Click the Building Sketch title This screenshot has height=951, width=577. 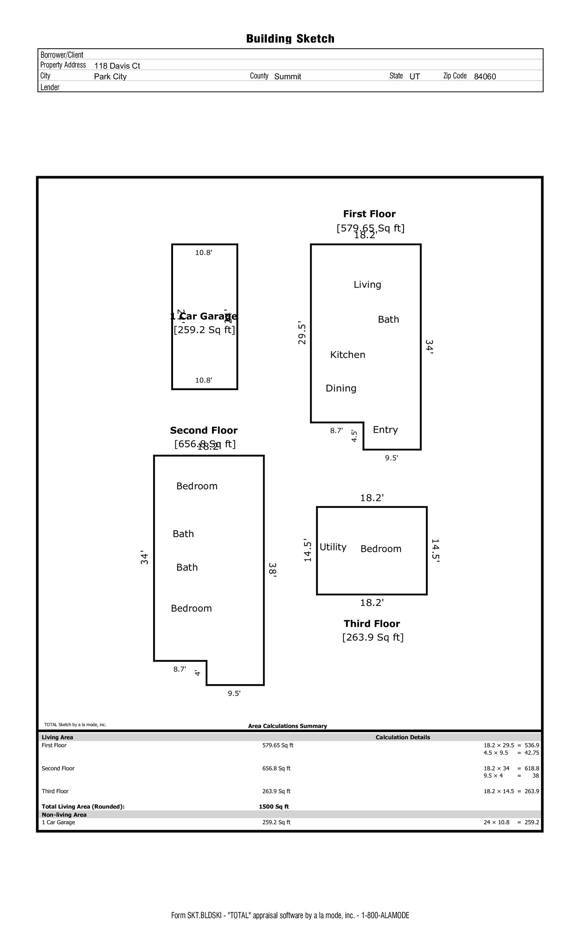tap(290, 39)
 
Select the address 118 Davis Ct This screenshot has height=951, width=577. tap(117, 66)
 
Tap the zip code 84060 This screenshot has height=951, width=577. tap(485, 77)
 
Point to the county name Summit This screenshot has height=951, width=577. tap(287, 77)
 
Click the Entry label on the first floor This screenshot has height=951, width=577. tap(385, 429)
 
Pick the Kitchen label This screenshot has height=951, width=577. tap(348, 355)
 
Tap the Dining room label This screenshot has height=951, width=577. tap(341, 388)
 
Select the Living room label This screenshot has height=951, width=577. tap(367, 284)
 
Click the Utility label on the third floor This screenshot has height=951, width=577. tap(333, 547)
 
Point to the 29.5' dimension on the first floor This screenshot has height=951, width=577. tap(301, 333)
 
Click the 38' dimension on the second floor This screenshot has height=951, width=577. tap(272, 570)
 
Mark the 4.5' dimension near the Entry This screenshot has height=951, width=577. tap(354, 436)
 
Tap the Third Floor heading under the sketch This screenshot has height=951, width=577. tap(372, 624)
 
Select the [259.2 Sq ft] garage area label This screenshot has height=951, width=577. tap(204, 330)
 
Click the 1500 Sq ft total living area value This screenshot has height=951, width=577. tap(273, 807)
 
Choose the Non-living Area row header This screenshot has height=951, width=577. tap(64, 815)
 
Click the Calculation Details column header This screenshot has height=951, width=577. tap(403, 737)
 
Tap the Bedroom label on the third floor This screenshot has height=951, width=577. tap(381, 549)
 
